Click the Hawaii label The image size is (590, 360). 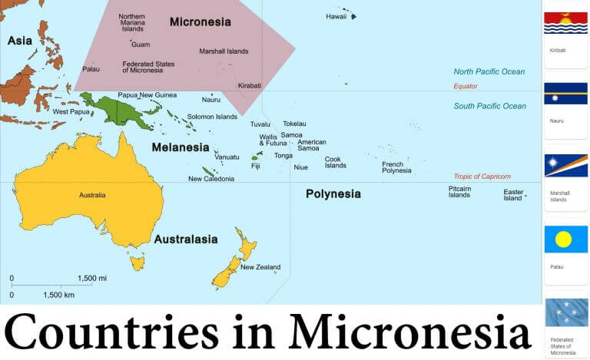point(336,16)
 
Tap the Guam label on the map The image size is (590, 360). point(141,45)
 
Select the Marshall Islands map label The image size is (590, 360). point(224,51)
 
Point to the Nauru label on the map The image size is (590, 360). point(211,100)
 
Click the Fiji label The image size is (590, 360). point(256,166)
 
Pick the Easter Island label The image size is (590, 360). point(512,195)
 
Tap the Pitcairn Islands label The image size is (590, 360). point(459,192)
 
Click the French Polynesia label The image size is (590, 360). point(396,167)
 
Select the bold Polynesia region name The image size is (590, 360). point(333,194)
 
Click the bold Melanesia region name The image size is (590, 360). point(181,147)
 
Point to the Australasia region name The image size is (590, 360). point(186,239)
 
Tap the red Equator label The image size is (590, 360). point(466,87)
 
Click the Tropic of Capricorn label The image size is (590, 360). point(482,177)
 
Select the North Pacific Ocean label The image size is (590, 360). point(489,72)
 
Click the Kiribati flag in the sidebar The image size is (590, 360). point(565,23)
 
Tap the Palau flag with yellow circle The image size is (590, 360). point(565,239)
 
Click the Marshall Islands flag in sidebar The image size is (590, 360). point(565,166)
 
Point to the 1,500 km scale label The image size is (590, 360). point(58,295)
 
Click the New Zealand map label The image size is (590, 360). point(260,268)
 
